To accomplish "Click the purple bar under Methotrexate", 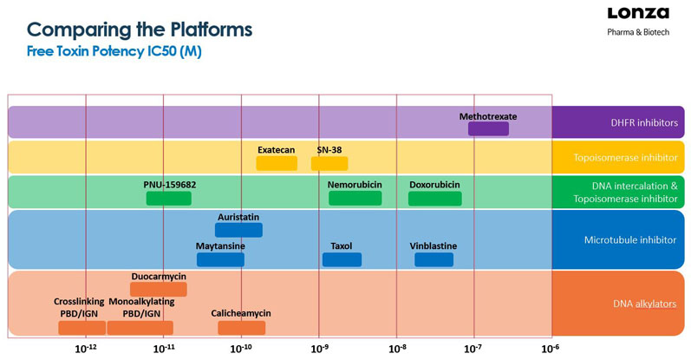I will click(x=488, y=128).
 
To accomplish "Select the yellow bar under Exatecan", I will click(x=277, y=163).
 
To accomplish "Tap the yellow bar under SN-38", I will click(x=329, y=163).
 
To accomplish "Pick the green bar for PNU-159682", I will click(x=168, y=199).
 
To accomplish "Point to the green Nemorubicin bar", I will click(x=355, y=199).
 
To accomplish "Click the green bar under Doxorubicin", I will click(x=434, y=199).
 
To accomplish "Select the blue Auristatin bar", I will click(x=238, y=230).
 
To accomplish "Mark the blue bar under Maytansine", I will click(x=219, y=259).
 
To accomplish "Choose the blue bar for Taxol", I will click(x=341, y=259).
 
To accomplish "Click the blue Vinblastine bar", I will click(x=434, y=259).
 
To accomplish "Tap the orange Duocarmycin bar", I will click(x=158, y=290).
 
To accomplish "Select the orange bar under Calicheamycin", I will click(x=241, y=327).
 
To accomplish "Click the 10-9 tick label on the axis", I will click(x=318, y=348).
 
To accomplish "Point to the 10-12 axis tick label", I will click(x=85, y=348).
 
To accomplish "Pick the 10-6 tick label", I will click(x=550, y=348).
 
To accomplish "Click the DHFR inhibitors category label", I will click(x=620, y=122).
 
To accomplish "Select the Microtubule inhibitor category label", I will click(x=620, y=240).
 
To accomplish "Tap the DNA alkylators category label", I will click(x=620, y=303).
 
